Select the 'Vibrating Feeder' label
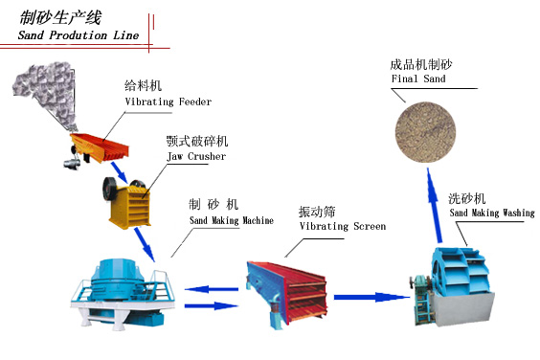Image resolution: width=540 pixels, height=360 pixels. click(168, 101)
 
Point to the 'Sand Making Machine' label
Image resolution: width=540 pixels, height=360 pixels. click(231, 220)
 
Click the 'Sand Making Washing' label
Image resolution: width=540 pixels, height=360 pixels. click(491, 213)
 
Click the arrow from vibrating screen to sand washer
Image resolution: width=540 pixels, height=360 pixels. click(369, 298)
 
